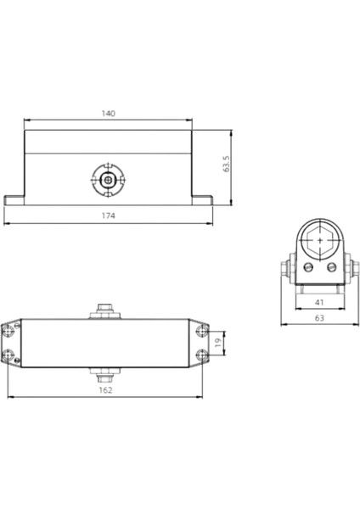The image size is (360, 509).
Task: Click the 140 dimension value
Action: [108, 113]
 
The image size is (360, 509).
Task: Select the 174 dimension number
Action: [108, 216]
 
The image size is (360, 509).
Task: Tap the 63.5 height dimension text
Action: [227, 164]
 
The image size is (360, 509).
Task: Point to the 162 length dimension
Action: [105, 390]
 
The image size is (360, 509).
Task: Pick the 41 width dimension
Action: [318, 302]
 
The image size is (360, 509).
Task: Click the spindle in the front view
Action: [108, 180]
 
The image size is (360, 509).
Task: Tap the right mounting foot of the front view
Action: [202, 199]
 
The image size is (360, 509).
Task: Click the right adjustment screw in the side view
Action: [331, 267]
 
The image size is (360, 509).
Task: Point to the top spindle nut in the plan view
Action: [105, 310]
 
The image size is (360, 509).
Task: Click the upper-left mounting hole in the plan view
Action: [11, 328]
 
